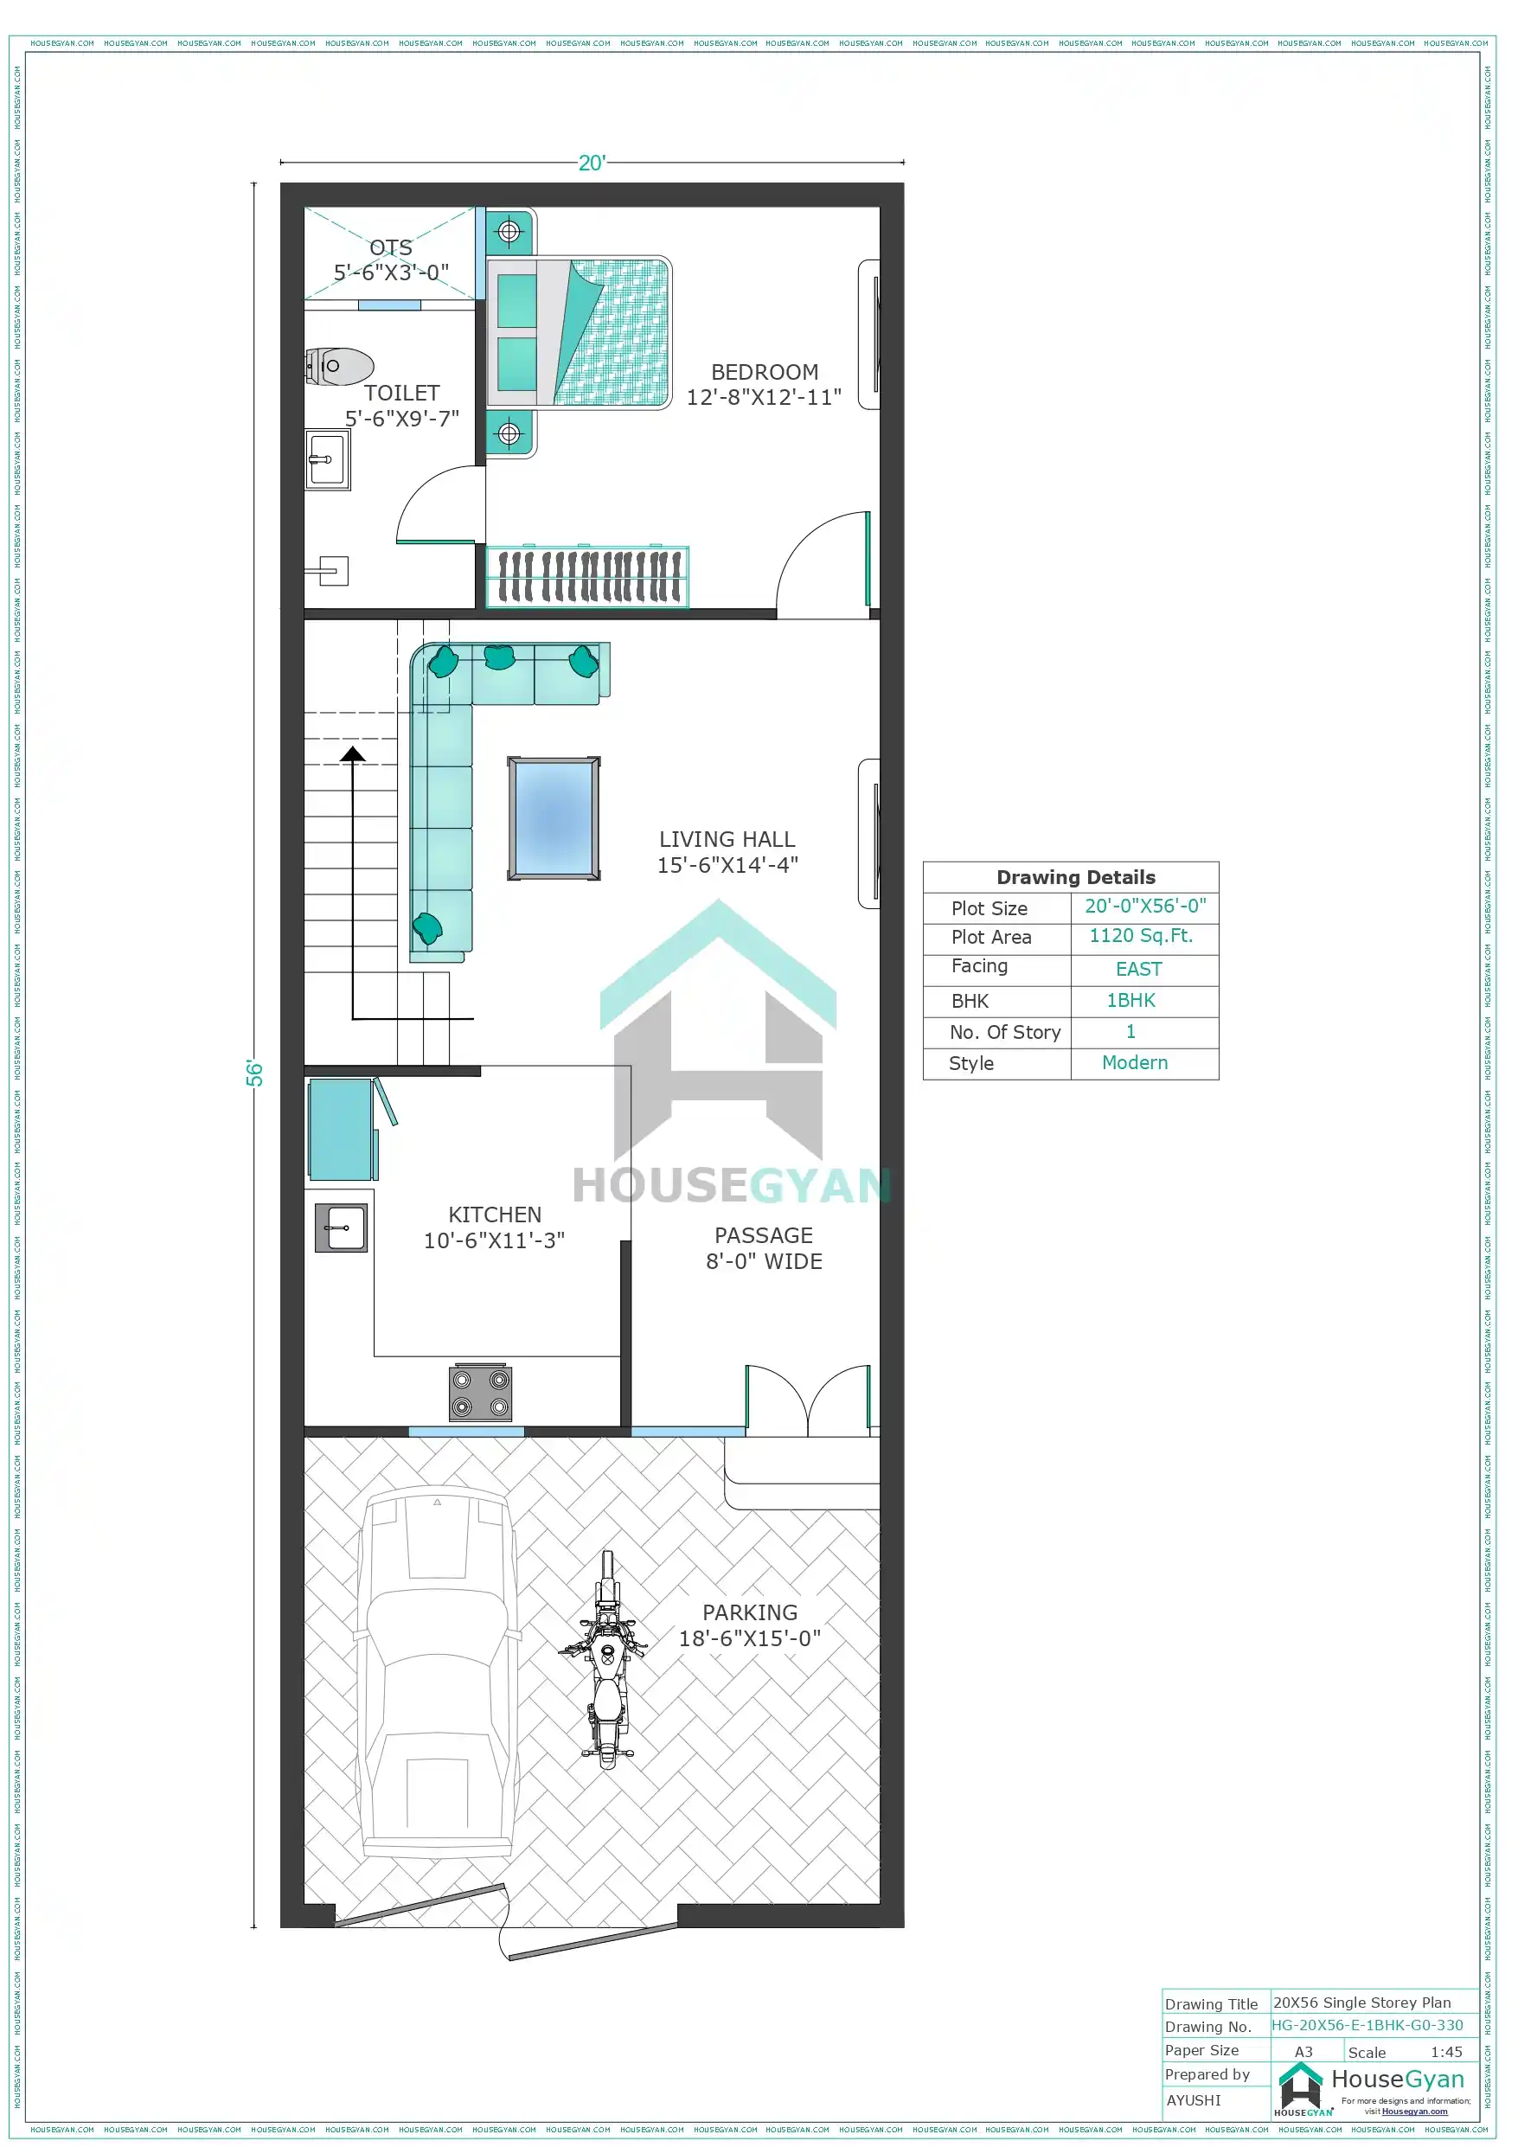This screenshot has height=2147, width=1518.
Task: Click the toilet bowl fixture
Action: (338, 367)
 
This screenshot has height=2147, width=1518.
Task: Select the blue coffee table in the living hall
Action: (554, 818)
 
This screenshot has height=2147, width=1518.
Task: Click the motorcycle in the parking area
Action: (606, 1659)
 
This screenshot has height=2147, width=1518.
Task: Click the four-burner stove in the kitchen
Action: (480, 1394)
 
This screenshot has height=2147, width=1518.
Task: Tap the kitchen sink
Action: (341, 1227)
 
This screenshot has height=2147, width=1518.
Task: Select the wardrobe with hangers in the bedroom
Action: (587, 576)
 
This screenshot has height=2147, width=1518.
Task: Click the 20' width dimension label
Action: (592, 163)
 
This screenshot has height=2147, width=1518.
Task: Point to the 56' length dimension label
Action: (254, 1073)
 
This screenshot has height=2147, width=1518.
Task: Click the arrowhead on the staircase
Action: (353, 753)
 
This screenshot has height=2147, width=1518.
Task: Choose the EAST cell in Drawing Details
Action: (1138, 969)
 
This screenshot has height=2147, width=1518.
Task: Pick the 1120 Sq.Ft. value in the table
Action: (1141, 936)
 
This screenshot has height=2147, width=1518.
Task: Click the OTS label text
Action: (391, 247)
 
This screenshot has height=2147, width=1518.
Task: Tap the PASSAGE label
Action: (763, 1235)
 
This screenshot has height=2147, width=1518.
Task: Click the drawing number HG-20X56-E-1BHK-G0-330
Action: (1367, 2024)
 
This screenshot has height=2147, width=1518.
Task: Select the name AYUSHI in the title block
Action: (1194, 2099)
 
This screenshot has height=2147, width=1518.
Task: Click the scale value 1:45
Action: (1446, 2052)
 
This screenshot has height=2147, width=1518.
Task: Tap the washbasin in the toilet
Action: (327, 459)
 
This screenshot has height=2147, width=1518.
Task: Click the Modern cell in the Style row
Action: (1135, 1062)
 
